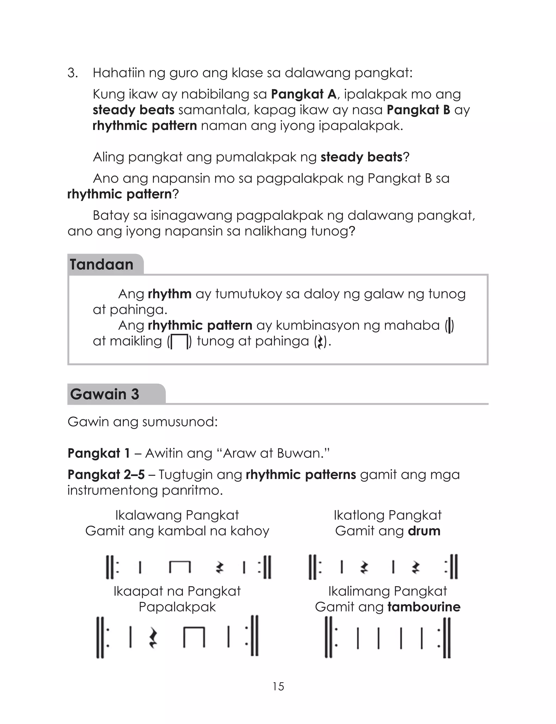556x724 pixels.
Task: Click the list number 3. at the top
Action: click(x=72, y=73)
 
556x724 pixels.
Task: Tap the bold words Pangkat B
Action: click(x=418, y=110)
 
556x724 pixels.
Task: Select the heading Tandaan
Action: click(x=101, y=265)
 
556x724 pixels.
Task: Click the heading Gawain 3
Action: click(x=105, y=394)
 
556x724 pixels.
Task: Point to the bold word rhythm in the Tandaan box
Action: click(x=169, y=294)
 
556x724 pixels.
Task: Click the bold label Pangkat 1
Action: click(x=99, y=453)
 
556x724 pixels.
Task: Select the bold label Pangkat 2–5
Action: click(x=106, y=475)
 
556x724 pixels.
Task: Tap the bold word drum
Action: click(x=424, y=531)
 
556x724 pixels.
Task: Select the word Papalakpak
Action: click(x=177, y=607)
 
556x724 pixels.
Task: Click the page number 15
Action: click(x=278, y=687)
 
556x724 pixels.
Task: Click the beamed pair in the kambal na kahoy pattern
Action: click(x=180, y=567)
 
